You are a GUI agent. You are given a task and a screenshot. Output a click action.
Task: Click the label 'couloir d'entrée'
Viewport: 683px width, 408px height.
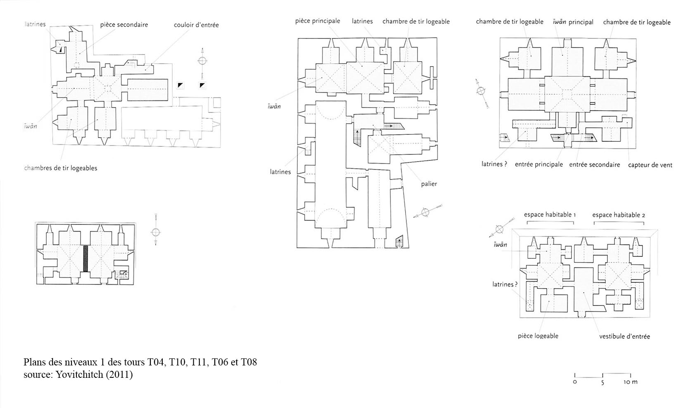(x=197, y=25)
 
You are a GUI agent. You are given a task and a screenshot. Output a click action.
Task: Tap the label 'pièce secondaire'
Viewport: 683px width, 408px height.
(x=124, y=25)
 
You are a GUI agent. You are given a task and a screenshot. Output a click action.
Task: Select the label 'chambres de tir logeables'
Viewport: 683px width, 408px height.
(x=61, y=168)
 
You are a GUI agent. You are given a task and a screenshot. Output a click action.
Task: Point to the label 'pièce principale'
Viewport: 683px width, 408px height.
(x=318, y=21)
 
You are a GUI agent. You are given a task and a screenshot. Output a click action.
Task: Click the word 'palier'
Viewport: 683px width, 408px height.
(x=429, y=184)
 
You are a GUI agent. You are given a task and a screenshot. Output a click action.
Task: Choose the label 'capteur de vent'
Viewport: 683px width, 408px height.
(x=650, y=165)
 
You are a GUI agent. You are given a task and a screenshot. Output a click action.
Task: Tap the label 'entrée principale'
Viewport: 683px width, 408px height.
(x=539, y=165)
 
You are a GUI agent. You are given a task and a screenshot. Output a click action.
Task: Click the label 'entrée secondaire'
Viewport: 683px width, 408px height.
(x=595, y=165)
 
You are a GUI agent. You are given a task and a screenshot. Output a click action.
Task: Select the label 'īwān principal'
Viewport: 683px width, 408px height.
(x=573, y=22)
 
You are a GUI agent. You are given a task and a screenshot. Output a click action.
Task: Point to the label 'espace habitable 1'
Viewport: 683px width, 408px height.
(x=550, y=215)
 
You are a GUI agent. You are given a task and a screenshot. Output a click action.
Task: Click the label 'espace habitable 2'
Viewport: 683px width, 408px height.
(x=619, y=215)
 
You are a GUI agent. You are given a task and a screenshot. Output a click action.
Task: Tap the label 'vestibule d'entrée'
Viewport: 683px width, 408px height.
(x=624, y=336)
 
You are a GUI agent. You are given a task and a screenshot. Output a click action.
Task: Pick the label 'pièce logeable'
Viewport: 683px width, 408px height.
(x=538, y=336)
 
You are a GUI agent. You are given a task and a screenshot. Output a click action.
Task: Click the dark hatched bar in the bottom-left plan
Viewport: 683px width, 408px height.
(x=85, y=258)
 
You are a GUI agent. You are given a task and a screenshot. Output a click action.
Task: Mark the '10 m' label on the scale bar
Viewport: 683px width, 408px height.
(x=630, y=382)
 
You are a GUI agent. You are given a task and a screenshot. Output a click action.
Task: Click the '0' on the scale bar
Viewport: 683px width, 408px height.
(x=575, y=382)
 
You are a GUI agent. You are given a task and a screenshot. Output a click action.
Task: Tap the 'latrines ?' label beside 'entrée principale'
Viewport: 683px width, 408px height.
(x=494, y=164)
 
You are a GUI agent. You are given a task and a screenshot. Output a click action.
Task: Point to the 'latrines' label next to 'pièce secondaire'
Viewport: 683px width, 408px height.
(x=36, y=24)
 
